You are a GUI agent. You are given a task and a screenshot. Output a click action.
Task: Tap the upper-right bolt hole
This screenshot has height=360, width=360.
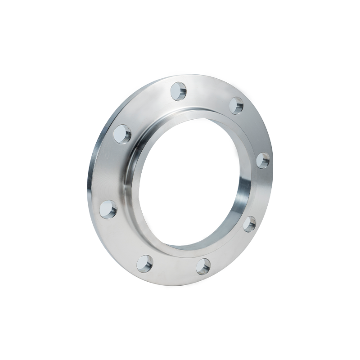pyautogui.click(x=236, y=105)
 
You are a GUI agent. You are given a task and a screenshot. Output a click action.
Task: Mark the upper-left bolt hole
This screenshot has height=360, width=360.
pyautogui.click(x=122, y=134)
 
